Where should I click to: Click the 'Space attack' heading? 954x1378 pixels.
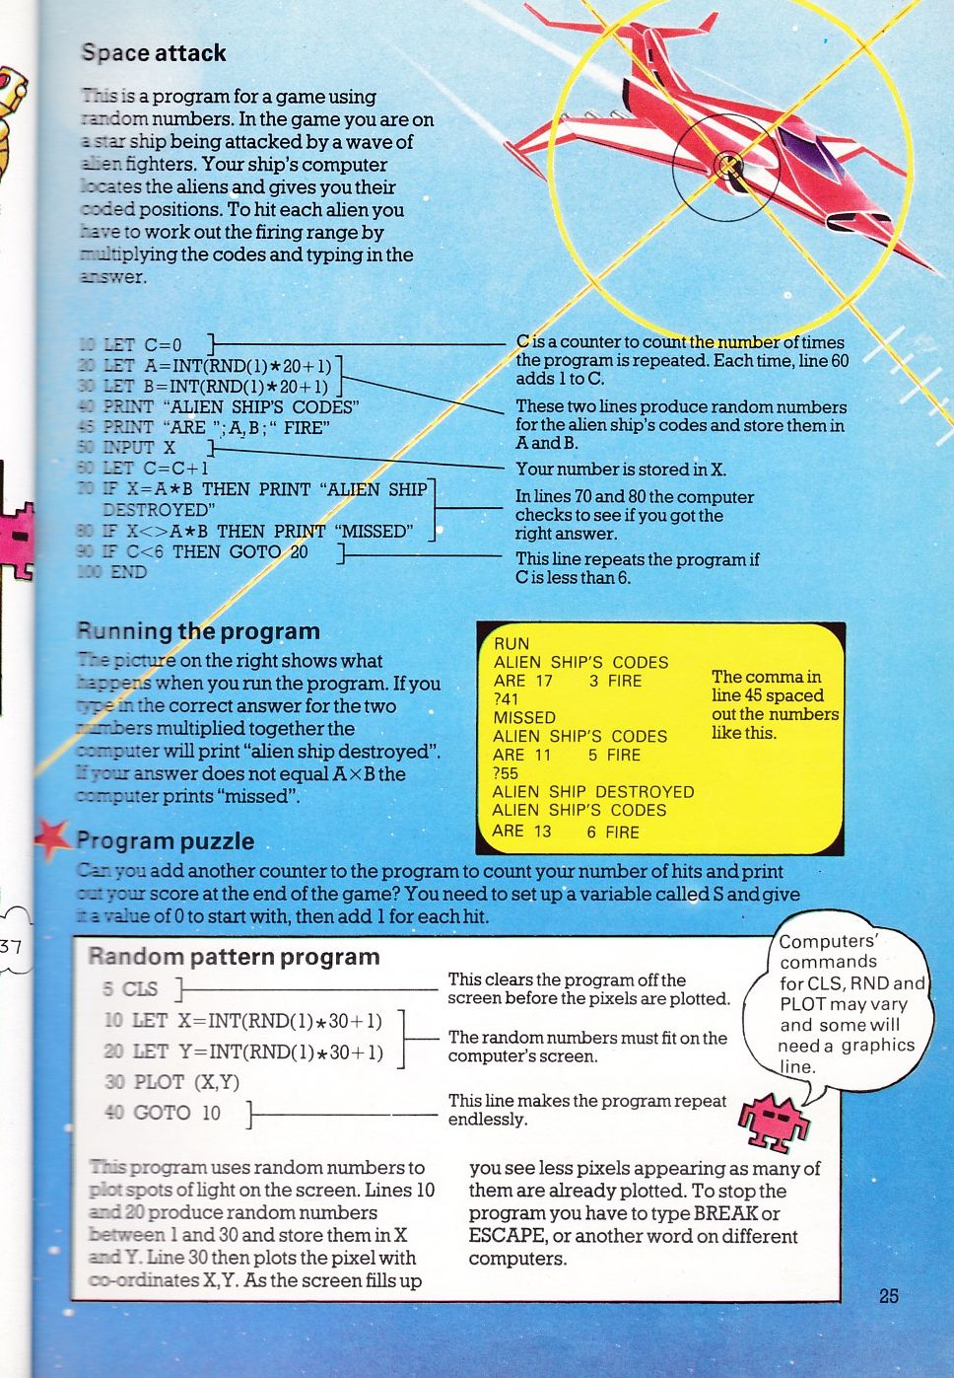point(154,53)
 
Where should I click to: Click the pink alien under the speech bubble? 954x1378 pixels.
point(776,1120)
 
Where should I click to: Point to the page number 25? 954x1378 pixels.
point(889,1296)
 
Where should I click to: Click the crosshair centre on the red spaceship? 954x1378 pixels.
point(727,165)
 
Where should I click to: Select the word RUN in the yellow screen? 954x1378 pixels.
point(511,643)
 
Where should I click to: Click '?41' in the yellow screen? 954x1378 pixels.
point(506,699)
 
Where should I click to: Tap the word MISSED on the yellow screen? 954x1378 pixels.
point(524,718)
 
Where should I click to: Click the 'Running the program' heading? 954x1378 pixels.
point(198,631)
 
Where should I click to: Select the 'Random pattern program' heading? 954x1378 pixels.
point(234,957)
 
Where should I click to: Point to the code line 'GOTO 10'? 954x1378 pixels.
point(176,1113)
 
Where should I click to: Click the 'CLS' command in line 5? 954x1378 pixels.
point(140,989)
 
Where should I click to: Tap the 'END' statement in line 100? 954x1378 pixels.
point(128,572)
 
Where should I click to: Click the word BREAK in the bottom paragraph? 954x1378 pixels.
point(725,1213)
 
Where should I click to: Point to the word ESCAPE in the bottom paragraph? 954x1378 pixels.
point(507,1236)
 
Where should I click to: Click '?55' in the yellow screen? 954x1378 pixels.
point(506,773)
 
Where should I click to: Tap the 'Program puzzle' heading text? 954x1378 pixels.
point(165,841)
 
